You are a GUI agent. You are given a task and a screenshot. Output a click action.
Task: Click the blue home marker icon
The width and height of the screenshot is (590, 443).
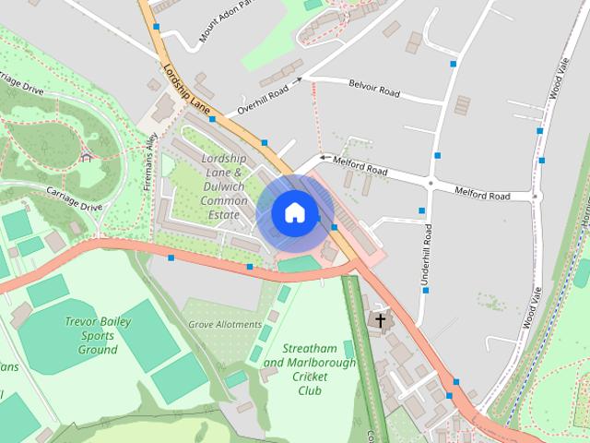pyautogui.click(x=294, y=212)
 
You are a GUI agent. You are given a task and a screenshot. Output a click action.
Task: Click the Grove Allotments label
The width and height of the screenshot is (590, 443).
pyautogui.click(x=225, y=325)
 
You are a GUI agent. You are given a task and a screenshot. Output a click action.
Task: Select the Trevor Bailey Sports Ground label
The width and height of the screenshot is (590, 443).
pyautogui.click(x=98, y=336)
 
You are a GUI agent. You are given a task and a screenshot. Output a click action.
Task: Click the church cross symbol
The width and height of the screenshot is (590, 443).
pyautogui.click(x=378, y=320)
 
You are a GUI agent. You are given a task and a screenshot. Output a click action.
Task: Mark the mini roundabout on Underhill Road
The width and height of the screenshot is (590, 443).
pyautogui.click(x=430, y=184)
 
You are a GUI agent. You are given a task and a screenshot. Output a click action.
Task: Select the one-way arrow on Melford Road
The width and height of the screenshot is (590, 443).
pyautogui.click(x=324, y=158)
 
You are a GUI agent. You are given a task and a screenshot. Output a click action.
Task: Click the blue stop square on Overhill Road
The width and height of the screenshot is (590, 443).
pyautogui.click(x=212, y=119)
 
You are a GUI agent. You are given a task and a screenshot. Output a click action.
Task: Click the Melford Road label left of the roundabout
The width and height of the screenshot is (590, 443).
pyautogui.click(x=362, y=169)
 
